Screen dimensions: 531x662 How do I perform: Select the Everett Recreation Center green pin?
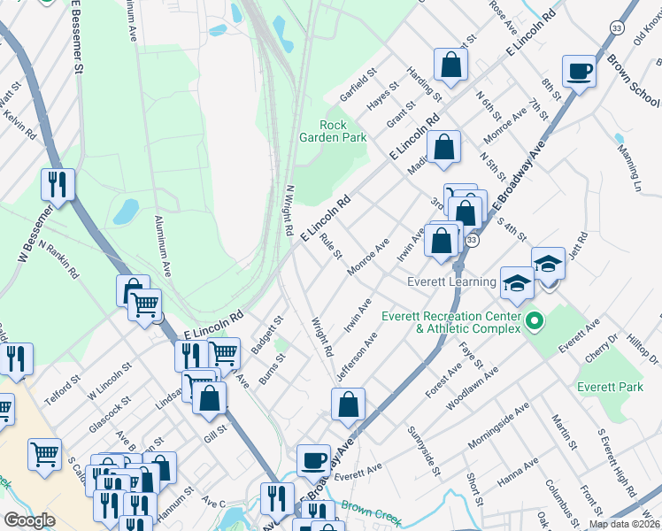[x=534, y=319]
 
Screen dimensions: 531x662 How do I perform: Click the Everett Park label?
[x=609, y=387]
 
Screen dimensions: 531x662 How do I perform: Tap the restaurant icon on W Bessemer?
[x=58, y=183]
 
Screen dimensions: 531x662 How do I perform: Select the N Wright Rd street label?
[x=289, y=210]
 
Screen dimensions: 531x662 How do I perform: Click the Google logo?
[x=29, y=519]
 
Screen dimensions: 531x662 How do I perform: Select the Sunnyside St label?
[x=423, y=450]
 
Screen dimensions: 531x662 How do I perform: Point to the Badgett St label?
[x=266, y=335]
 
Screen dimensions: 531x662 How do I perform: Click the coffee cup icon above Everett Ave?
[x=312, y=459]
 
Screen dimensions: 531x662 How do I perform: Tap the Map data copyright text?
[x=624, y=524]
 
